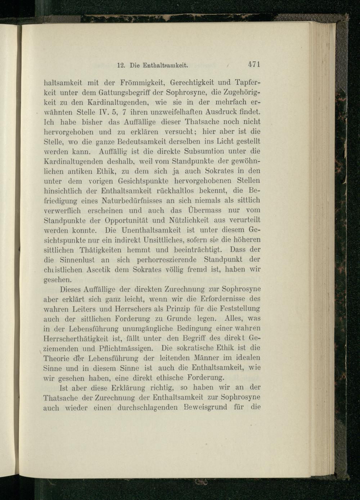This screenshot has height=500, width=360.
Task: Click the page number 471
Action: (x=254, y=65)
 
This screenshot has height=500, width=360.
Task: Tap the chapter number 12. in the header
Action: (x=122, y=66)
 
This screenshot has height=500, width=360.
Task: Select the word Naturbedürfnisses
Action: (x=132, y=200)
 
